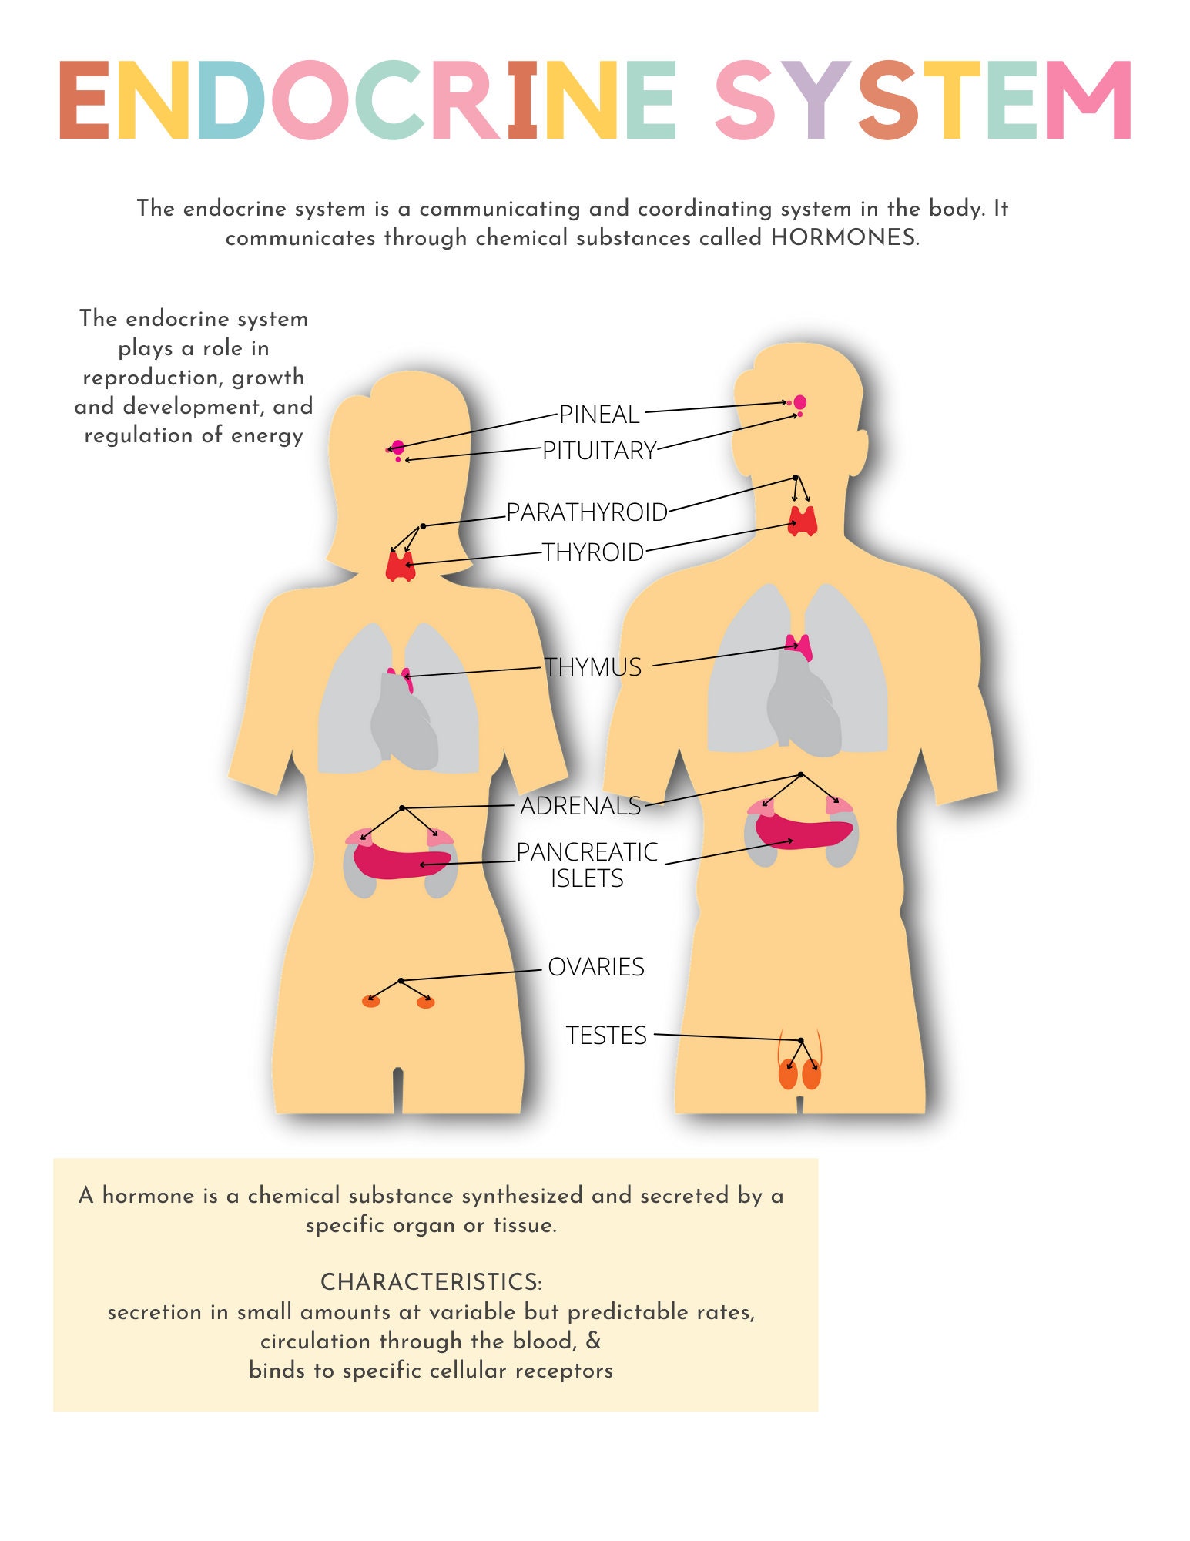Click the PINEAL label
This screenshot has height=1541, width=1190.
[598, 415]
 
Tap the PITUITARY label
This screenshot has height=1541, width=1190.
[598, 451]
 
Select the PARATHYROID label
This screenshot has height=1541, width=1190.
[586, 512]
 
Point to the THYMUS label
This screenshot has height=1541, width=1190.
[592, 667]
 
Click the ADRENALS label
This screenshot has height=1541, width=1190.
[580, 806]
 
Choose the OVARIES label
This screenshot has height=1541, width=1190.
[595, 967]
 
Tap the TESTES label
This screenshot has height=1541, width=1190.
[605, 1036]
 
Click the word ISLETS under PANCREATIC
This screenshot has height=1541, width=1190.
[586, 878]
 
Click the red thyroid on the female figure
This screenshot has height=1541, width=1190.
[400, 566]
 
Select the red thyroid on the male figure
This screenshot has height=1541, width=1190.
[802, 522]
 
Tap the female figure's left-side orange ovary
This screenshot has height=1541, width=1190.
[371, 1002]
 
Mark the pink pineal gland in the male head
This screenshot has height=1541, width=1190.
[799, 401]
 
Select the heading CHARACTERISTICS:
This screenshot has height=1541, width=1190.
[431, 1282]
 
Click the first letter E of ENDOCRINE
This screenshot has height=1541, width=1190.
[84, 101]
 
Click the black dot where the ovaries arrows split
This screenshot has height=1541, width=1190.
[401, 981]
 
